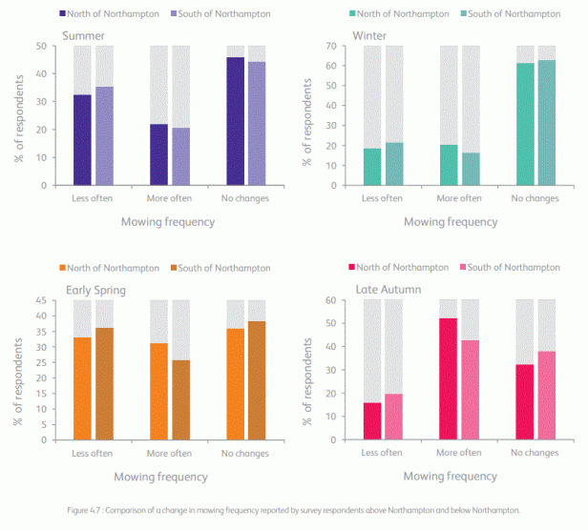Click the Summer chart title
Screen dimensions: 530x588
coord(84,36)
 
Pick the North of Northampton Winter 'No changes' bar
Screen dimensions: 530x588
coord(525,124)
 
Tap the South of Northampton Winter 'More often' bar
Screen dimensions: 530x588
coord(471,169)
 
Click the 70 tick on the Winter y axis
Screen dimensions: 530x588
coord(334,46)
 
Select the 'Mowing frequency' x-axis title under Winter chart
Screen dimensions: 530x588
coord(450,221)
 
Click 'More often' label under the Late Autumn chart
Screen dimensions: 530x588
coord(459,453)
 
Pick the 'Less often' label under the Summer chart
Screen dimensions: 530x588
coord(94,198)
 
